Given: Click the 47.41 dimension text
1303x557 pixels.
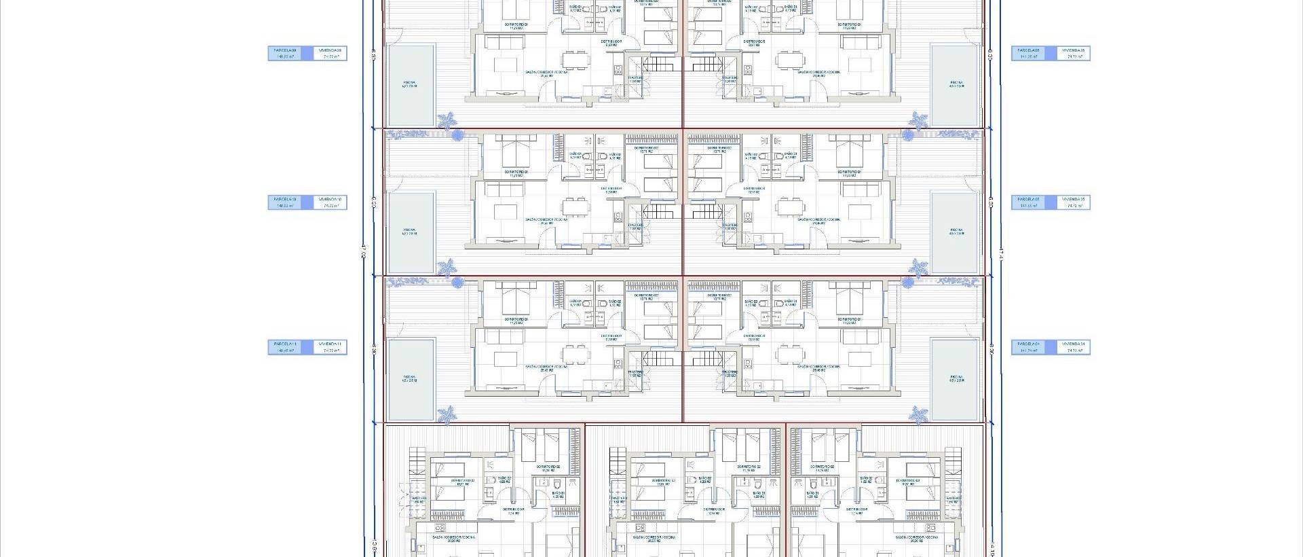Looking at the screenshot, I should [x=1000, y=253].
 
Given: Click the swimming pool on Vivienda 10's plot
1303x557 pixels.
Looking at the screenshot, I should [x=410, y=232].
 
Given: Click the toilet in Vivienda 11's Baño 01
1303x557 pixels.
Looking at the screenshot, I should [x=603, y=304].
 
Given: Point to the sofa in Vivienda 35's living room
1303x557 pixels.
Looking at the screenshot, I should [x=862, y=187].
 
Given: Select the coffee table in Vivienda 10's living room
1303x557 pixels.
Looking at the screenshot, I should [x=504, y=212].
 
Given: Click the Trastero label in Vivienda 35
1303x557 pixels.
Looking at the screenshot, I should [x=730, y=226].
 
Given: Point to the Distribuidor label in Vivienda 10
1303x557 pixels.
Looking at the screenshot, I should [x=611, y=190].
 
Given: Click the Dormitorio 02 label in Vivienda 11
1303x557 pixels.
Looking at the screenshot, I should [x=646, y=296].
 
